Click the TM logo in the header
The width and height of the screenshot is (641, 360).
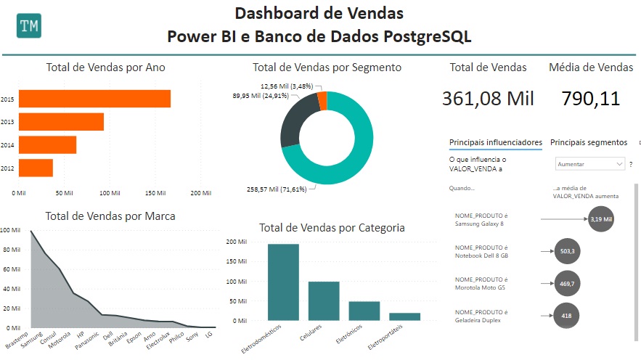tap(29, 25)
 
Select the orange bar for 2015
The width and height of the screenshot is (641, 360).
tap(94, 99)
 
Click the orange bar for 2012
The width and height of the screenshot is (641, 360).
tap(36, 168)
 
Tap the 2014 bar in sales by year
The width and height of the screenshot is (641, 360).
tap(47, 145)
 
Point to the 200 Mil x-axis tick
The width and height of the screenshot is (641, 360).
tap(200, 193)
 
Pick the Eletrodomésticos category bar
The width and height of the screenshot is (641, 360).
tap(283, 282)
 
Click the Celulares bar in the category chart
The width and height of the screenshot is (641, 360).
tap(324, 300)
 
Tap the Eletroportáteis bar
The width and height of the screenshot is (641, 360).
tap(404, 316)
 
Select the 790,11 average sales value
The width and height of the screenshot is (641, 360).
tap(591, 98)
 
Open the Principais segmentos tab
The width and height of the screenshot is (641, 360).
tap(589, 142)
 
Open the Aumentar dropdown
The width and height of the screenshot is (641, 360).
tap(589, 165)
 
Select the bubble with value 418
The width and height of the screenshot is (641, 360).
tap(566, 316)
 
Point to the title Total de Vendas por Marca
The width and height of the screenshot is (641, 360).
tap(110, 216)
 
